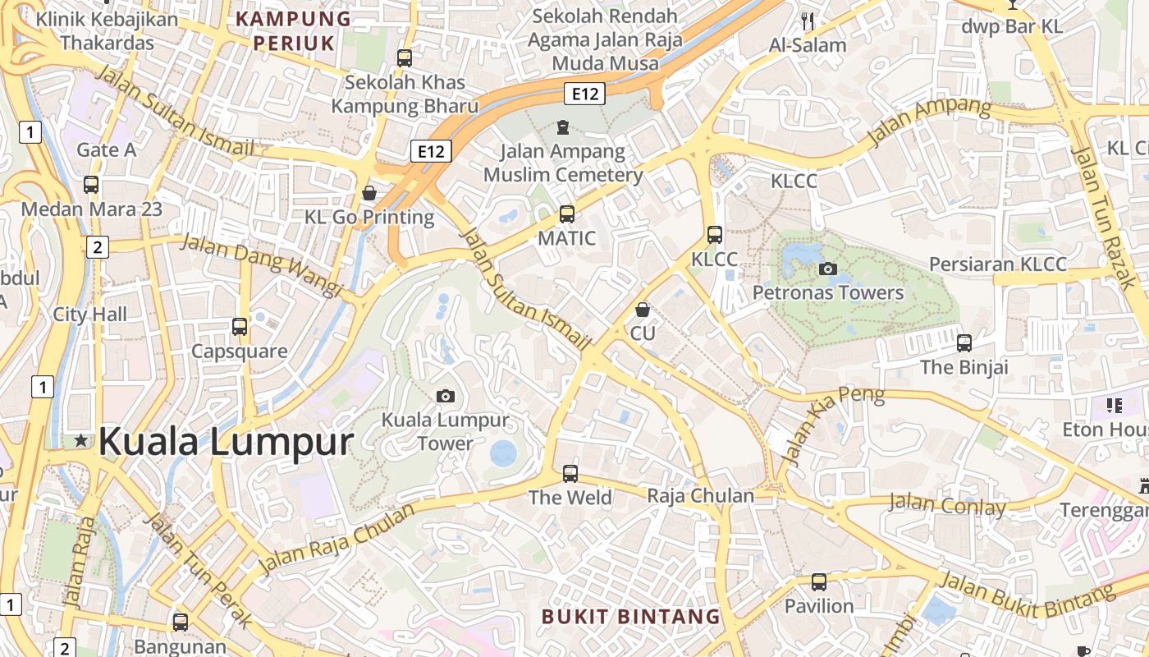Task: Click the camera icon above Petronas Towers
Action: point(827,269)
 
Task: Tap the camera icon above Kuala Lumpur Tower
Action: point(445,397)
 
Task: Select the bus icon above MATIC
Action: point(566,214)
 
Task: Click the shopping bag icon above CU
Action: point(643,310)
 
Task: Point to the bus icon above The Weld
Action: point(570,474)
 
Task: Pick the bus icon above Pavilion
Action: point(818,582)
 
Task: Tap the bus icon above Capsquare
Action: point(240,327)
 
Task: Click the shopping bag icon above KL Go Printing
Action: point(369,193)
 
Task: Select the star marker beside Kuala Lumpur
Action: point(81,441)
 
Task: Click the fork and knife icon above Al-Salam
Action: point(808,21)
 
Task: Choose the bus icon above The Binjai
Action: point(964,343)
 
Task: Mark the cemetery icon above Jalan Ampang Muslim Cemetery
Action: point(563,127)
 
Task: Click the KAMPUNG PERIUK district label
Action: point(294,30)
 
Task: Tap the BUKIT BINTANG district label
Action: point(630,616)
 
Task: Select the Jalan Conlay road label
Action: point(946,503)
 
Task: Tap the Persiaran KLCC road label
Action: point(997,264)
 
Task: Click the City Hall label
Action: point(90,314)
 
